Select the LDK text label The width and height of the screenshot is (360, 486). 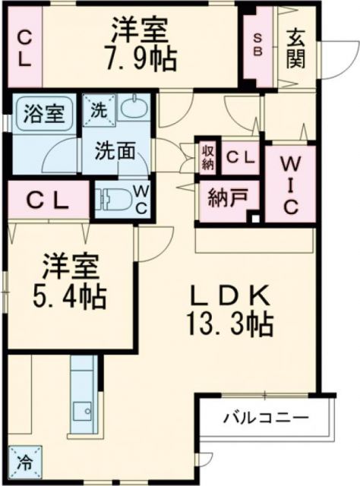point(229,294)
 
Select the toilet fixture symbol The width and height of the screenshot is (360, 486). point(113,198)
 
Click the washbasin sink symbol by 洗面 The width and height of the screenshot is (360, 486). point(134,107)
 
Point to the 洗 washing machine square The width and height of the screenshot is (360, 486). point(98,109)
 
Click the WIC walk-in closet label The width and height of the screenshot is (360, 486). point(290,184)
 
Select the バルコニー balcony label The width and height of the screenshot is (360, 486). point(265,418)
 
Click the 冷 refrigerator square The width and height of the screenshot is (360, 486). point(24,459)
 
